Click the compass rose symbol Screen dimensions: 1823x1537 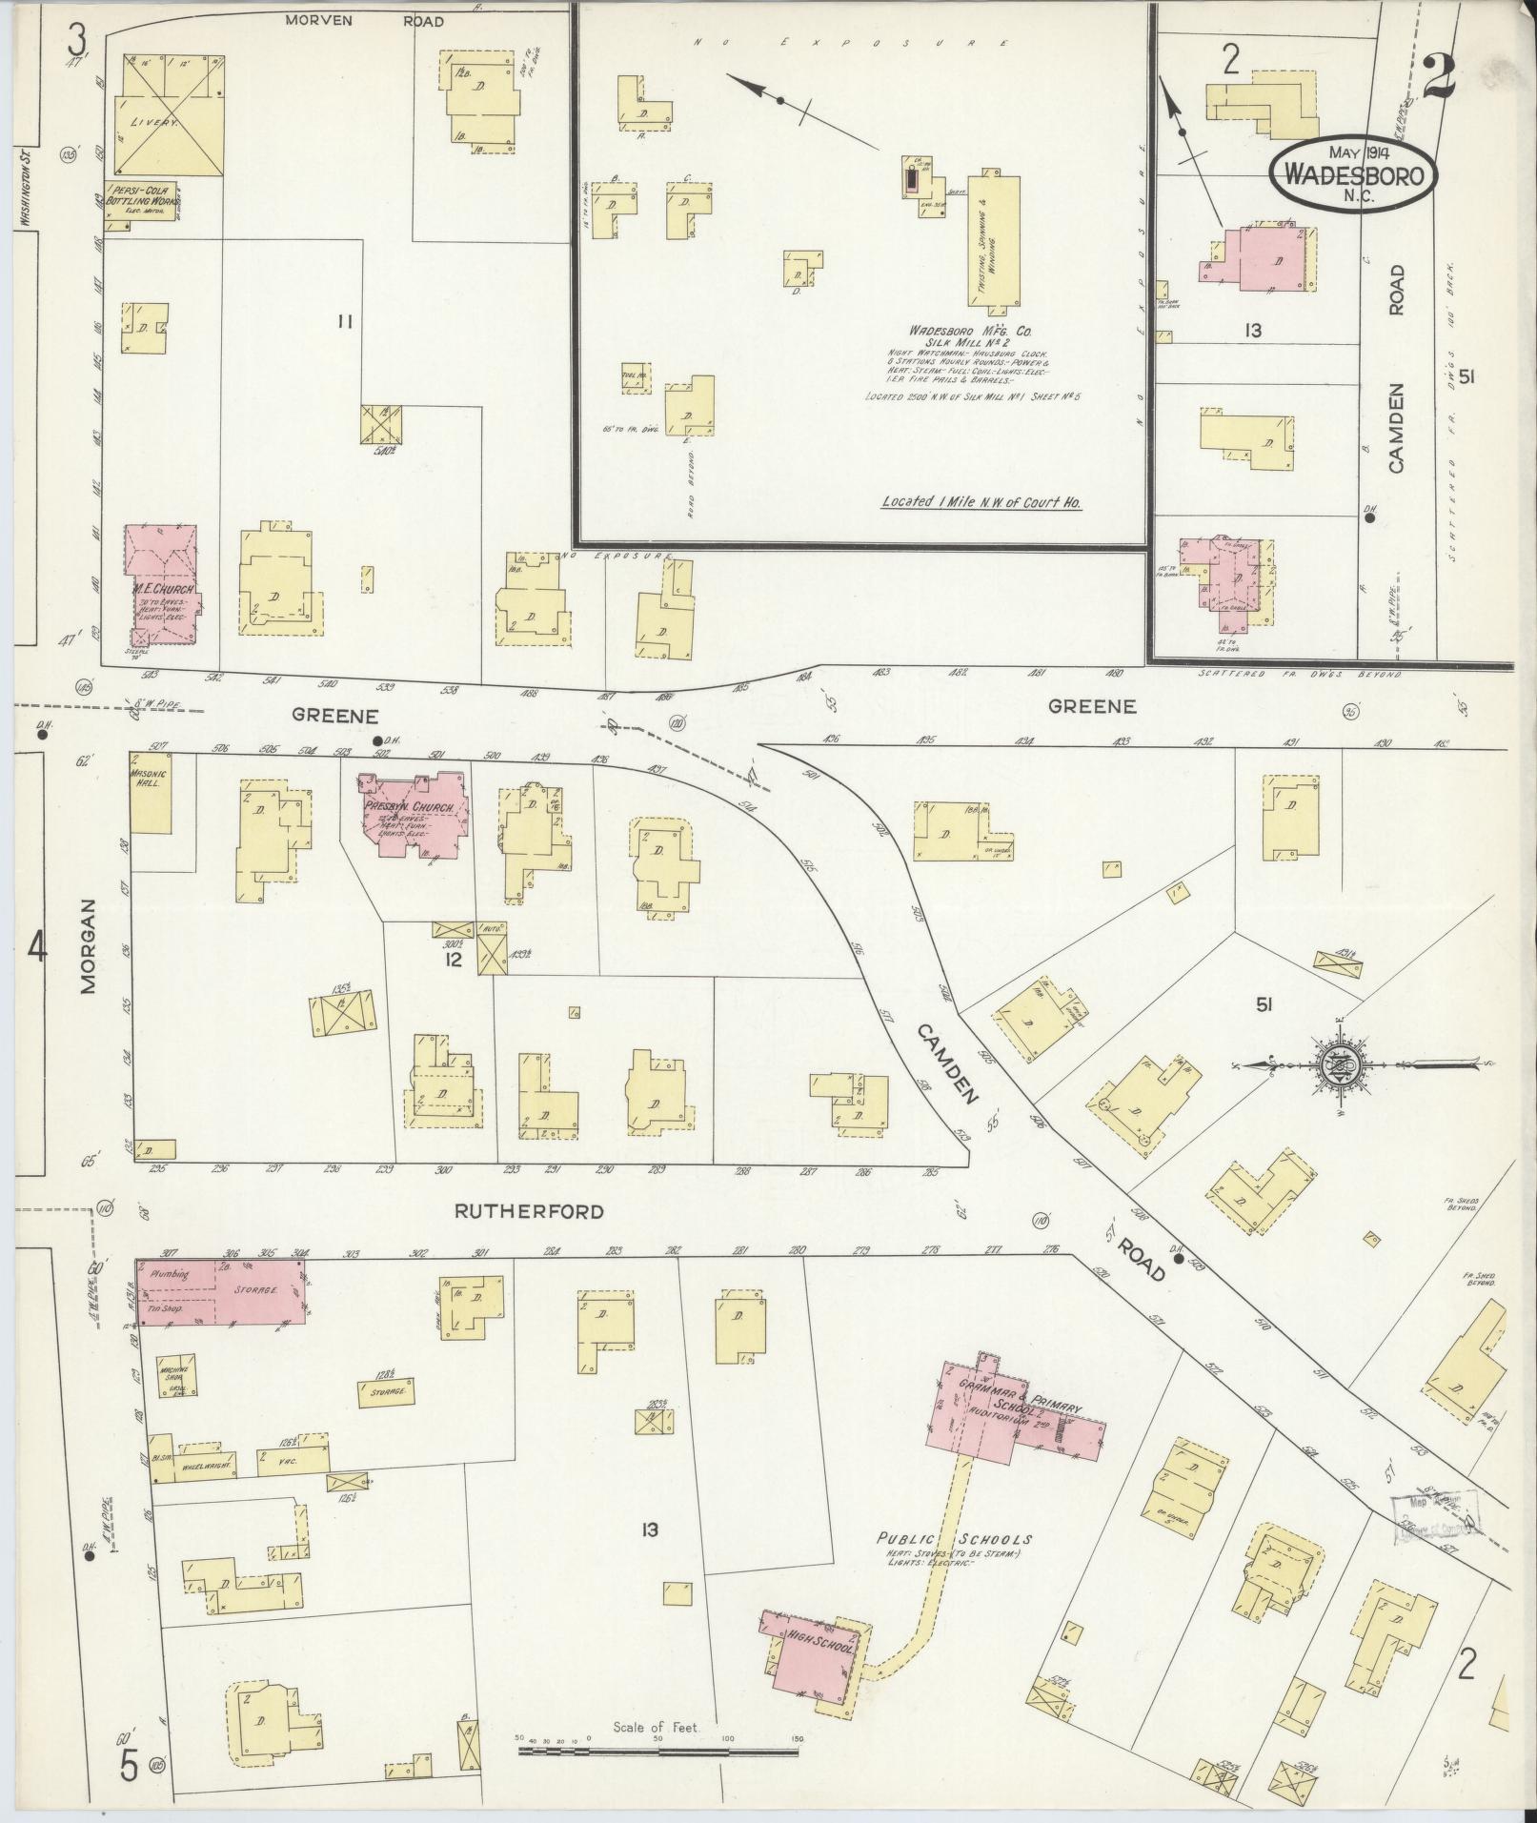point(1342,1063)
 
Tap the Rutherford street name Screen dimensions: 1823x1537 point(529,1212)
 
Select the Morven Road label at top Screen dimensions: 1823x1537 point(366,21)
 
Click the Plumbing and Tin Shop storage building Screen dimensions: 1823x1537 point(222,1291)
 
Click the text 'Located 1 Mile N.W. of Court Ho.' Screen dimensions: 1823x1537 point(981,502)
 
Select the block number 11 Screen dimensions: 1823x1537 point(345,322)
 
